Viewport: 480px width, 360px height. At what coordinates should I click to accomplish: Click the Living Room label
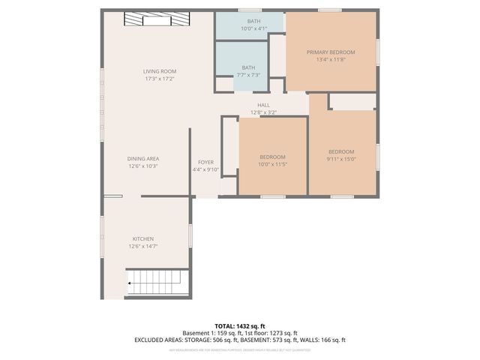159,71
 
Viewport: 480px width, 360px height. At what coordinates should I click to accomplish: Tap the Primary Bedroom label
331,52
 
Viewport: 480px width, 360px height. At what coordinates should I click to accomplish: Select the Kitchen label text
143,238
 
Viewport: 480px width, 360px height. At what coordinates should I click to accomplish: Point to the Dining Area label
142,158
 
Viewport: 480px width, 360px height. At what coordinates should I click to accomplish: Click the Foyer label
205,162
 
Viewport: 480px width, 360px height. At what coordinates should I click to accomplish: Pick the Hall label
263,105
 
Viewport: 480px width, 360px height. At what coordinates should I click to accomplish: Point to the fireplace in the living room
157,20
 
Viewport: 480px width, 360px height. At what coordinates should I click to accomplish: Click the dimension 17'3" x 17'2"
159,79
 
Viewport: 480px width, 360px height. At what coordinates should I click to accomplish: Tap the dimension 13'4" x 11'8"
331,59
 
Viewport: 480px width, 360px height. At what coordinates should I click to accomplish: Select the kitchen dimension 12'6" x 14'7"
143,246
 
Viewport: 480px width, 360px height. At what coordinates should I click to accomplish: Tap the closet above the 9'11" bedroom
352,101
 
